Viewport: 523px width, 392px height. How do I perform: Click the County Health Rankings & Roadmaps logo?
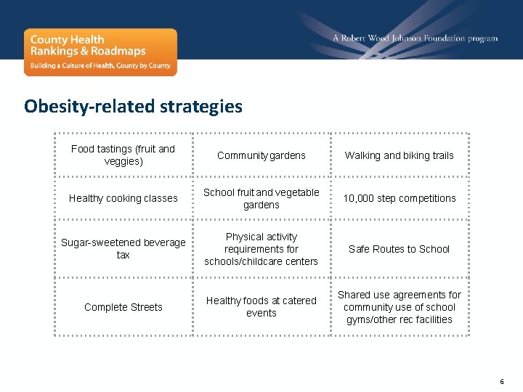(100, 52)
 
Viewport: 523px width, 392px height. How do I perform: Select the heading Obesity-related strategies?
(133, 106)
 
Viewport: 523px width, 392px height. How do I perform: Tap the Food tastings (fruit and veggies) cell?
(123, 155)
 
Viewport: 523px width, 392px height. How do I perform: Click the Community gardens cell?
(261, 155)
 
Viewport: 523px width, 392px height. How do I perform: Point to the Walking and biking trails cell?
(399, 155)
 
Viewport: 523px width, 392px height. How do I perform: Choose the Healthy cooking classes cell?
(123, 198)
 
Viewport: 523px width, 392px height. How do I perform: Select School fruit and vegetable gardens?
(261, 198)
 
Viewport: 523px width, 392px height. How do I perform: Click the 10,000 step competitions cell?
(399, 198)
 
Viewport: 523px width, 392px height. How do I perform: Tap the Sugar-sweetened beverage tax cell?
(123, 248)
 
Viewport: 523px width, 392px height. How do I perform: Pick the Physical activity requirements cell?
(261, 249)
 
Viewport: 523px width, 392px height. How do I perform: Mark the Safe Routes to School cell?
(399, 249)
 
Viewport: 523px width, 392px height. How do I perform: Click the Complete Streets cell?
(123, 307)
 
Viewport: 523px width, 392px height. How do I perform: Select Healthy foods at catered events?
(261, 306)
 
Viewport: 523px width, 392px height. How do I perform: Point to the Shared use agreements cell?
(399, 307)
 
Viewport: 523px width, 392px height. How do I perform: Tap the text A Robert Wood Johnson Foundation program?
(415, 38)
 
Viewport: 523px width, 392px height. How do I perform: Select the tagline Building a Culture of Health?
(100, 65)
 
